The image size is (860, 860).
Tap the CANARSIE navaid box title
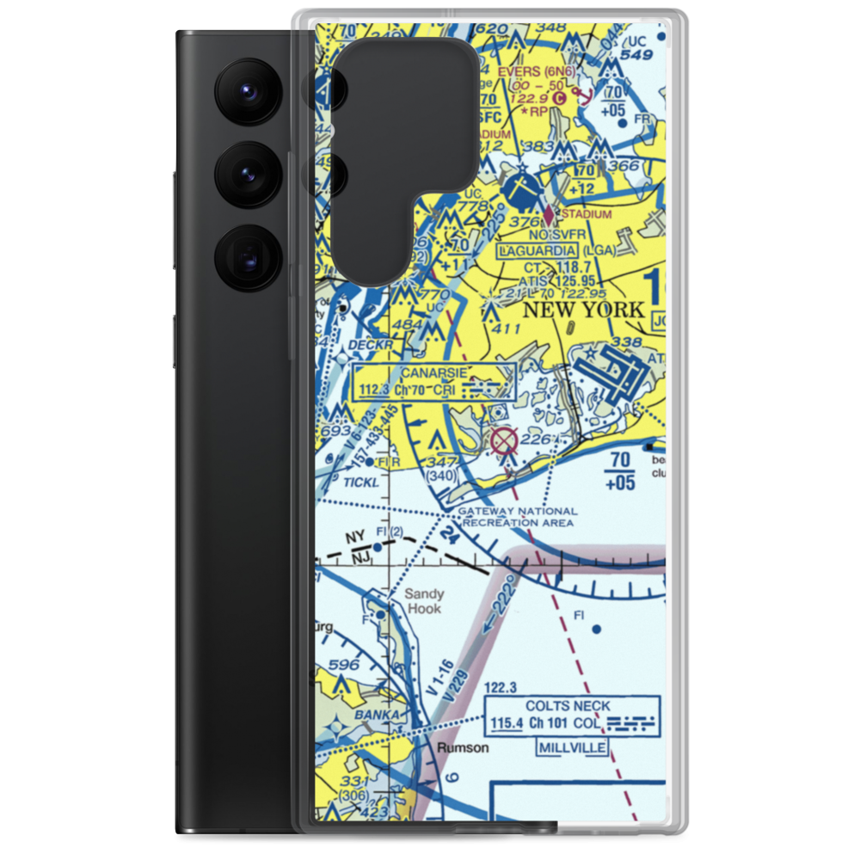click(434, 372)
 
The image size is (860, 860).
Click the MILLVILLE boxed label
click(573, 748)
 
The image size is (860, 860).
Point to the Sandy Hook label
click(424, 601)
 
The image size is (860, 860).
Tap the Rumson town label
click(463, 747)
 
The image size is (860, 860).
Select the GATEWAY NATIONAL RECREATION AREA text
click(517, 517)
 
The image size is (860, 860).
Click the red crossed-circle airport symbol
click(504, 442)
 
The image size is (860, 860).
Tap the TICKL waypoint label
click(359, 482)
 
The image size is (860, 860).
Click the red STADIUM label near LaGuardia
click(586, 214)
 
